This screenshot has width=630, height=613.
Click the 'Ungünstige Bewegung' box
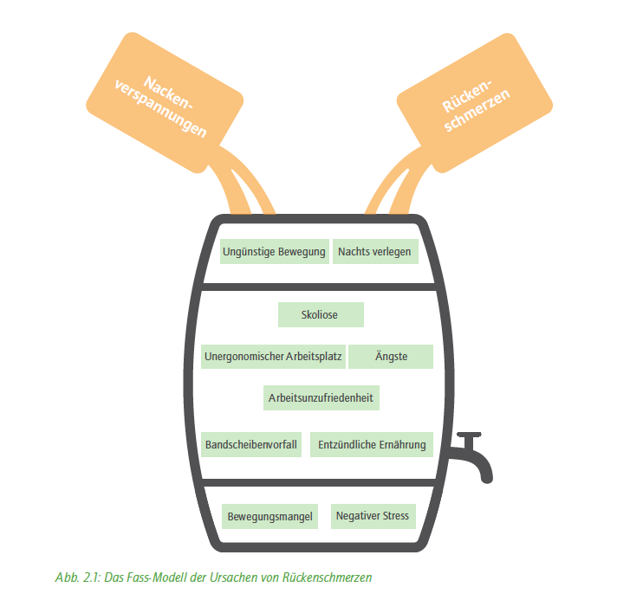(275, 252)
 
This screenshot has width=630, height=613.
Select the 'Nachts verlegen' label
(375, 252)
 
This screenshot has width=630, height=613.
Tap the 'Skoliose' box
(321, 315)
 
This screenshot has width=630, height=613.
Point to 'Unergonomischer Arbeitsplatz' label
(273, 357)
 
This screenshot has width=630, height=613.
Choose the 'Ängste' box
(391, 357)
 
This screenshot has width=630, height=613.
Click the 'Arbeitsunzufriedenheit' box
(321, 397)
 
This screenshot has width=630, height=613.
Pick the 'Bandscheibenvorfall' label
(251, 444)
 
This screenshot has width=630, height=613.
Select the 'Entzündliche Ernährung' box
(372, 444)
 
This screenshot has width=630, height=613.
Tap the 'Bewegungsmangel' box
(270, 516)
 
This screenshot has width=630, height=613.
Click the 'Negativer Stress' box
(373, 516)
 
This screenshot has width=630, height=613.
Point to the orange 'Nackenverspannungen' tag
(165, 103)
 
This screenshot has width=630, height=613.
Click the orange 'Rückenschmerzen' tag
(475, 103)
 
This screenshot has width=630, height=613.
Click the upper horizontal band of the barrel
(319, 287)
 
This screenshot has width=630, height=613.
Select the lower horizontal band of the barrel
(319, 482)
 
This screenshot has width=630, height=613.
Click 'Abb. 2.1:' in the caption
(78, 578)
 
